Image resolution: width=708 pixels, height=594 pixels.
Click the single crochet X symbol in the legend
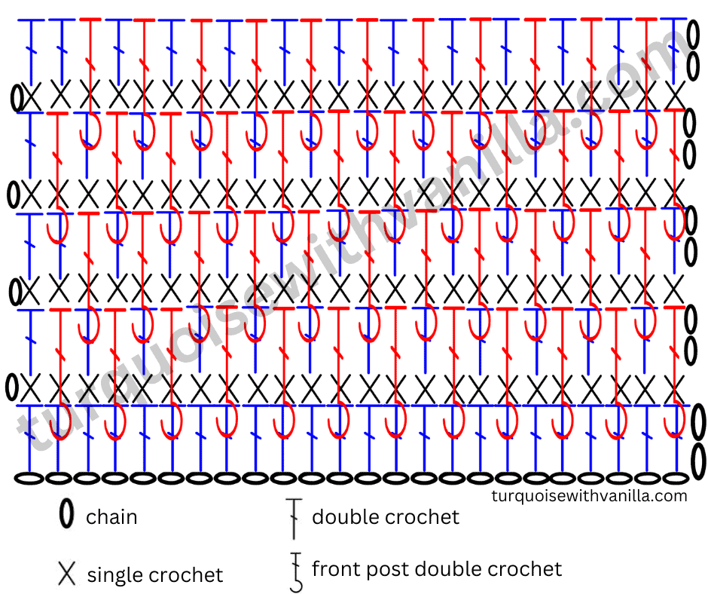(66, 573)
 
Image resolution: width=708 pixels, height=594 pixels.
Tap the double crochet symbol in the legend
(294, 519)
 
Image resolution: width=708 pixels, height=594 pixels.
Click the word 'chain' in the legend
(111, 516)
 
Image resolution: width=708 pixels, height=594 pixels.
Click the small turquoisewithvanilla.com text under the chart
(589, 496)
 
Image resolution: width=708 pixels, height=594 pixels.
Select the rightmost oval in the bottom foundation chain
(675, 478)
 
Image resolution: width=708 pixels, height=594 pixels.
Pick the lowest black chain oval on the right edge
(699, 461)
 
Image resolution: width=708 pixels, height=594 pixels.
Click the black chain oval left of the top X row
(17, 97)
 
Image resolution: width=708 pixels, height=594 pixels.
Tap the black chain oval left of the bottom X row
(12, 387)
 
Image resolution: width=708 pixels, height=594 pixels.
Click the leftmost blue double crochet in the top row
(31, 51)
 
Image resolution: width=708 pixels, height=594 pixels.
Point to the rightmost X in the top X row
(675, 96)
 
